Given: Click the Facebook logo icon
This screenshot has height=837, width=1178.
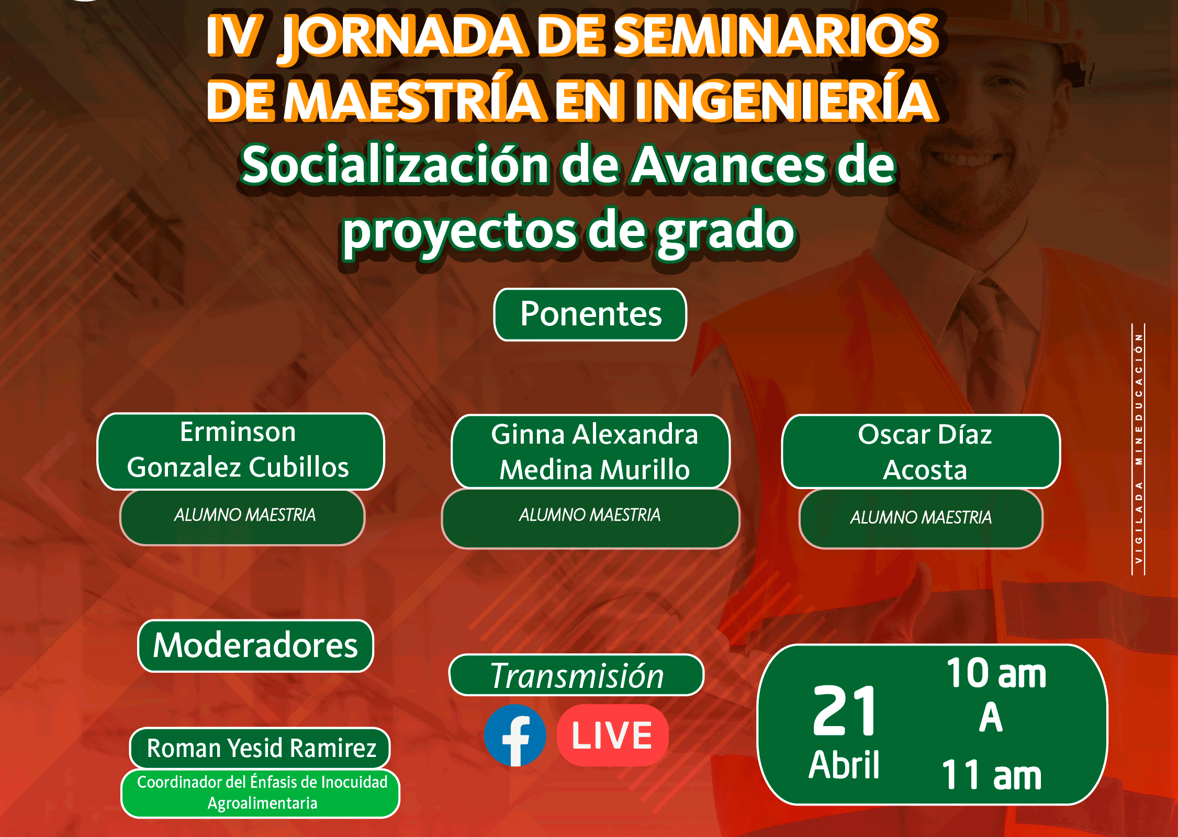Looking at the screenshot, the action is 515,735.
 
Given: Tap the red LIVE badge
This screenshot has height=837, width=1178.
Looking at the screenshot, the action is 612,735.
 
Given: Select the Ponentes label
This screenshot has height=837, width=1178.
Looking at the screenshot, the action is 590,314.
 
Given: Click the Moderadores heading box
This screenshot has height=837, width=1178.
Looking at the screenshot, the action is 255,646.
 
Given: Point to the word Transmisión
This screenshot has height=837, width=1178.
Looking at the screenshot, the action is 577,676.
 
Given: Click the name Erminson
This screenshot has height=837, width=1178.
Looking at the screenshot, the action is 238,432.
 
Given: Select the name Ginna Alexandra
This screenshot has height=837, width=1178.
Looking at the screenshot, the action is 594,434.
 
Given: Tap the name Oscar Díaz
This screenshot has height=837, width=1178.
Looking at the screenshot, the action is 925,434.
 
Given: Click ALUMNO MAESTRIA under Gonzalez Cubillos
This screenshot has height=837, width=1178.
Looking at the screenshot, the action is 245,515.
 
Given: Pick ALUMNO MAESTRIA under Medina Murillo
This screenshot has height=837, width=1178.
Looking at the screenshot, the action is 590,515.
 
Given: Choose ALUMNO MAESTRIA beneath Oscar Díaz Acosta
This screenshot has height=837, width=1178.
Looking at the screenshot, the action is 921,517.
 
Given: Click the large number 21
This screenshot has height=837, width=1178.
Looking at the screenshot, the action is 845,710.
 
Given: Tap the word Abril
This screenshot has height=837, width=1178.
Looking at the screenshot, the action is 844,765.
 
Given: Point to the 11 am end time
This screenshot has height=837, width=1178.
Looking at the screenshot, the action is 992,775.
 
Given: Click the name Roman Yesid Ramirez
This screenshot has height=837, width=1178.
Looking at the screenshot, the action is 262,748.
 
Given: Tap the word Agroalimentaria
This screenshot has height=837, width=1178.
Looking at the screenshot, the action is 262,803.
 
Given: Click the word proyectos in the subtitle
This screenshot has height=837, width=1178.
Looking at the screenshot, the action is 459,232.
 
